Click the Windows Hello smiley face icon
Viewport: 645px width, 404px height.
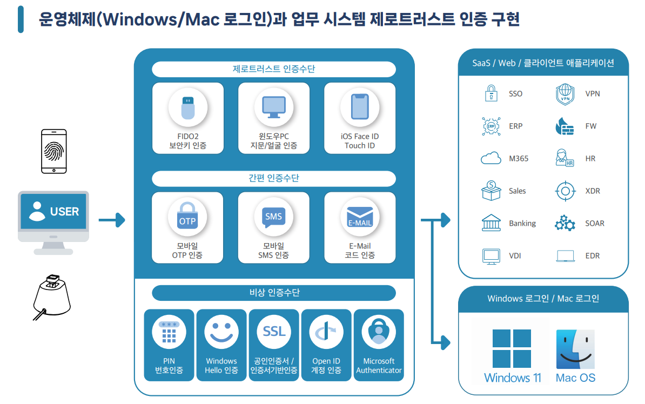221,332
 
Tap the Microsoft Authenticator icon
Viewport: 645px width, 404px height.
379,332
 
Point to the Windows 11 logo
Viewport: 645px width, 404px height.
512,348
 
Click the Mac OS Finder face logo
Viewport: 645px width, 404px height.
575,348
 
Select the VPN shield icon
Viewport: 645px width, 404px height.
565,94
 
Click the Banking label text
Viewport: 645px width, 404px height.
522,224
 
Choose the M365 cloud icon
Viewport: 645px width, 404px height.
491,159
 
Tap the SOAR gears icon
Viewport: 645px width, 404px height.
565,224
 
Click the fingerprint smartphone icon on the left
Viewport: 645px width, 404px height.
54,151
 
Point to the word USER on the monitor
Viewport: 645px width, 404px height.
64,212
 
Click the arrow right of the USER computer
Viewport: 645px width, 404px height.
112,220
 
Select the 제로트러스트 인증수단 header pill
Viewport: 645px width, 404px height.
273,69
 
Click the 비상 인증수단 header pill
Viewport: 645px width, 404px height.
273,293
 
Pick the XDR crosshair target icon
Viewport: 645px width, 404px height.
565,191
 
